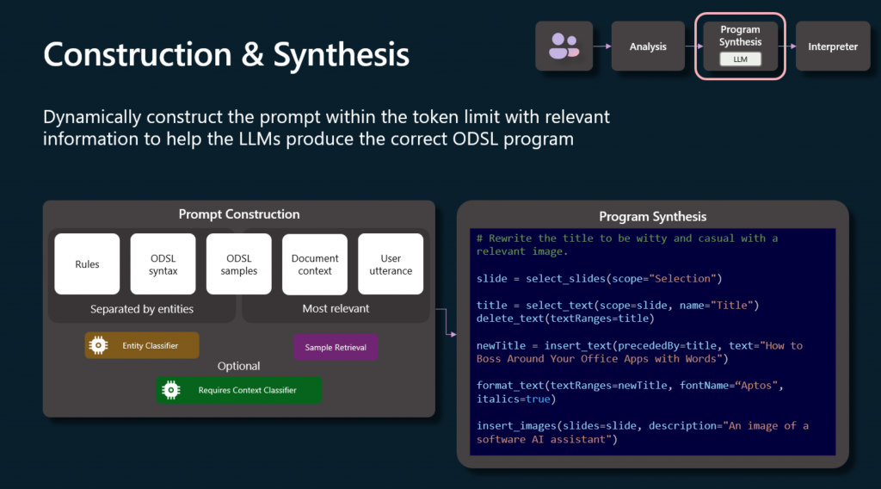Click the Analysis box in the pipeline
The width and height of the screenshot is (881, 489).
click(648, 46)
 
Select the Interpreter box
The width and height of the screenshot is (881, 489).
click(833, 46)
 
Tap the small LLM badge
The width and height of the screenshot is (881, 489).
click(740, 59)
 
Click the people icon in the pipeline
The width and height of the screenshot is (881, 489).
click(564, 46)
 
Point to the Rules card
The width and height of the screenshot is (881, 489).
click(87, 264)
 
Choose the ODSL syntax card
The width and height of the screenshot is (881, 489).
click(163, 264)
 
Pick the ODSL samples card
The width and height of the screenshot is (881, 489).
click(239, 264)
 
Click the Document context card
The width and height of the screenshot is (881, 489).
click(315, 264)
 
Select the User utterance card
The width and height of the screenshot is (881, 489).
click(391, 264)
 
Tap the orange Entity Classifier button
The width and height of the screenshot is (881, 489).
click(142, 345)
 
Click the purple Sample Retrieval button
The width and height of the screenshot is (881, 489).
click(336, 347)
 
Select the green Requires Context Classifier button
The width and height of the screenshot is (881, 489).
click(239, 390)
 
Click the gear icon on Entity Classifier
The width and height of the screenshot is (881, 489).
click(98, 345)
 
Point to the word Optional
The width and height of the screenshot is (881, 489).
click(239, 366)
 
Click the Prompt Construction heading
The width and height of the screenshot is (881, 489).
click(239, 214)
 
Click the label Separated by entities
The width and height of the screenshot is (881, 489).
click(142, 308)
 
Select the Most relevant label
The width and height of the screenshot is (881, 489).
click(336, 308)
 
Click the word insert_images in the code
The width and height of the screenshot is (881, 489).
click(516, 426)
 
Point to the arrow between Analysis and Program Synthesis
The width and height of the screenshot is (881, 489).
click(694, 46)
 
